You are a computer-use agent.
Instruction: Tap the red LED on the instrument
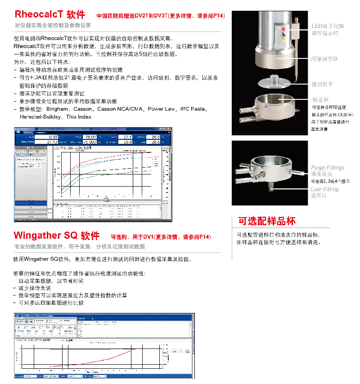[283, 28]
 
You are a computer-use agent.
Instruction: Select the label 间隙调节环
[324, 59]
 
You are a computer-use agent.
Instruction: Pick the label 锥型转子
[322, 84]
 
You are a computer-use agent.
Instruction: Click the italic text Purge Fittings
[328, 167]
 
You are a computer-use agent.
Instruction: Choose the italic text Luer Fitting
[324, 189]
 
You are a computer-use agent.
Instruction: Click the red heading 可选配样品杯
[267, 221]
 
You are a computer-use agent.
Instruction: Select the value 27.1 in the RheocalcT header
[127, 137]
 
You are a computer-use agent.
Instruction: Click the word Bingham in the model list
[56, 109]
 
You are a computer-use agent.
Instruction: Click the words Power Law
[162, 109]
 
